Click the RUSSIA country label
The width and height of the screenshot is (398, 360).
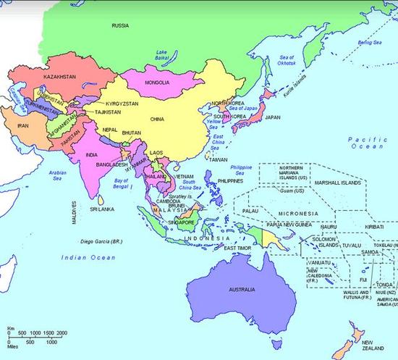coord(121,25)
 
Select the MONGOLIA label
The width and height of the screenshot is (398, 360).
coord(157,83)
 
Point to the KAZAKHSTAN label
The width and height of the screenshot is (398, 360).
coord(41,76)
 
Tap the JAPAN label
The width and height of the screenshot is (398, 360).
coord(273,117)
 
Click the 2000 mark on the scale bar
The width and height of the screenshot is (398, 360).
coord(62,332)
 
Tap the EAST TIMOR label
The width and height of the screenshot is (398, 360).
coord(236,248)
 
